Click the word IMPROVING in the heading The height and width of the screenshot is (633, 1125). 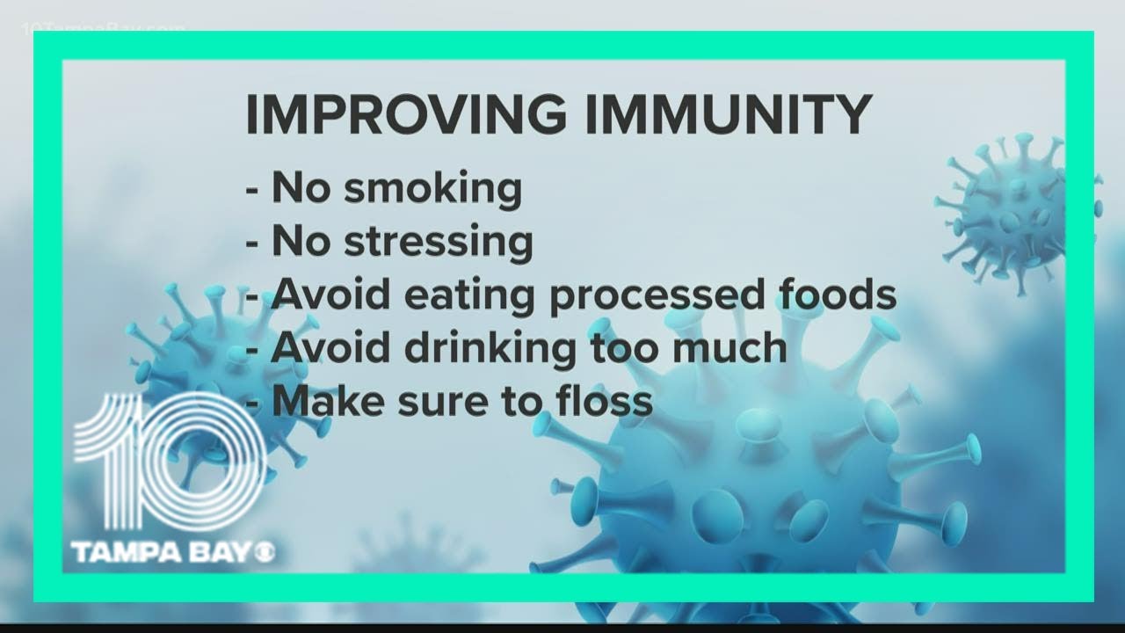(406, 114)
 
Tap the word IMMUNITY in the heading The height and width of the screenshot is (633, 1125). (729, 114)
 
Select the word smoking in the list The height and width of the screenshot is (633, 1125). (433, 189)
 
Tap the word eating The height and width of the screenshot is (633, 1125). (469, 296)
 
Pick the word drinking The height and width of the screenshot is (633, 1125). (490, 350)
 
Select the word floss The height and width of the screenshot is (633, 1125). (604, 401)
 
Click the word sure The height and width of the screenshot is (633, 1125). (443, 404)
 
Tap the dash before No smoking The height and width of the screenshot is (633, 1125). (252, 192)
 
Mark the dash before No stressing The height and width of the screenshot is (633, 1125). (252, 244)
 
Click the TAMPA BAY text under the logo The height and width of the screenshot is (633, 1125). (160, 552)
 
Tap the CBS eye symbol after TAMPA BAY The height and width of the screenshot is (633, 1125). (264, 553)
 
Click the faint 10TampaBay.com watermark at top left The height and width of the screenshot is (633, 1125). (103, 29)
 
